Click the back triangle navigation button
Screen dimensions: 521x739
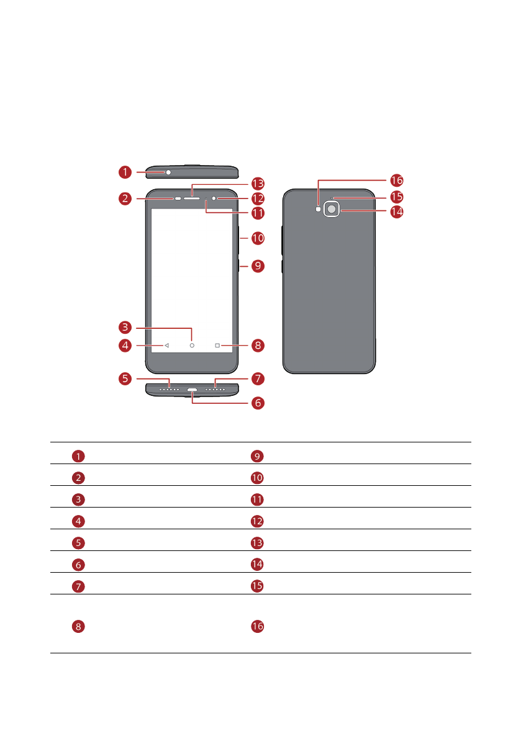(x=166, y=345)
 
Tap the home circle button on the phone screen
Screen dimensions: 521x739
(x=192, y=345)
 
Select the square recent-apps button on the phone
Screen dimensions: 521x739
(x=217, y=345)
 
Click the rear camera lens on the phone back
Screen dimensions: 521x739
(x=332, y=210)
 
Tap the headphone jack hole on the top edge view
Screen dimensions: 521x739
(x=168, y=172)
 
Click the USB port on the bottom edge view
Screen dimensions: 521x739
(x=192, y=391)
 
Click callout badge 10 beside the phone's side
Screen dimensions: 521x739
(x=258, y=238)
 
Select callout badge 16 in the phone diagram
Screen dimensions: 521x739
(x=396, y=181)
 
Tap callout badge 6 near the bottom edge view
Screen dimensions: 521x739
(x=258, y=403)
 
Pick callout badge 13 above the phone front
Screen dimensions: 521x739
(x=258, y=184)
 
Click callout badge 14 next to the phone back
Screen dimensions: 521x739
(x=396, y=212)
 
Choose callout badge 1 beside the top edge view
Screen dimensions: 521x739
(x=126, y=171)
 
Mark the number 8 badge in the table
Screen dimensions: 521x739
(x=78, y=627)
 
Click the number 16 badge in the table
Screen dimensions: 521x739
(x=257, y=627)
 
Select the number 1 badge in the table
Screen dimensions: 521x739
(x=78, y=457)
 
